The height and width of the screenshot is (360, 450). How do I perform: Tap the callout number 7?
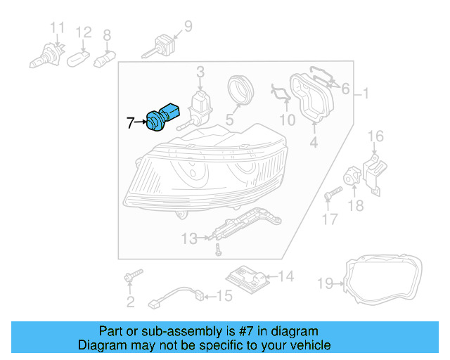click(130, 123)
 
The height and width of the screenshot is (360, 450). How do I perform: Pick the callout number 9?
click(187, 27)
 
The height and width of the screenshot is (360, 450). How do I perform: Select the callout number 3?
click(200, 72)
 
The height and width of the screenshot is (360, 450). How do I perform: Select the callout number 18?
click(356, 205)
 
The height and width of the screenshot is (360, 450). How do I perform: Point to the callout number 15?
click(223, 296)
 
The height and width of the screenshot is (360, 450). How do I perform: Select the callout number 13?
click(188, 239)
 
